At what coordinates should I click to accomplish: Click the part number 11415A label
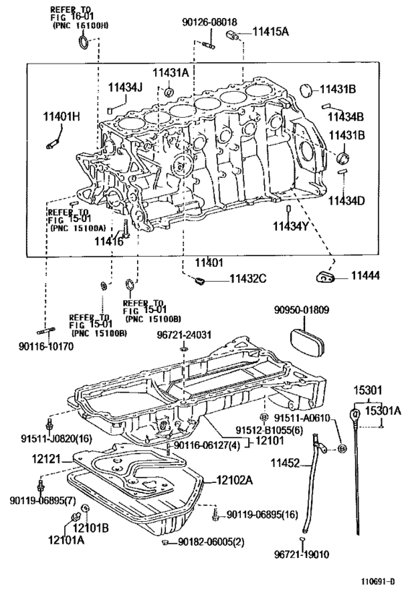269,31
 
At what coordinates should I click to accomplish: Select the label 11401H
61,116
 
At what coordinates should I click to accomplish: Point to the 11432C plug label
248,278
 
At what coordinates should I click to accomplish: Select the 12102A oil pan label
233,479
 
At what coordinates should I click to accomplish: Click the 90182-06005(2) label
210,542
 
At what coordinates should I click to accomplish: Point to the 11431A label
170,72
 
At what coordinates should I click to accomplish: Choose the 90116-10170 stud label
46,346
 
